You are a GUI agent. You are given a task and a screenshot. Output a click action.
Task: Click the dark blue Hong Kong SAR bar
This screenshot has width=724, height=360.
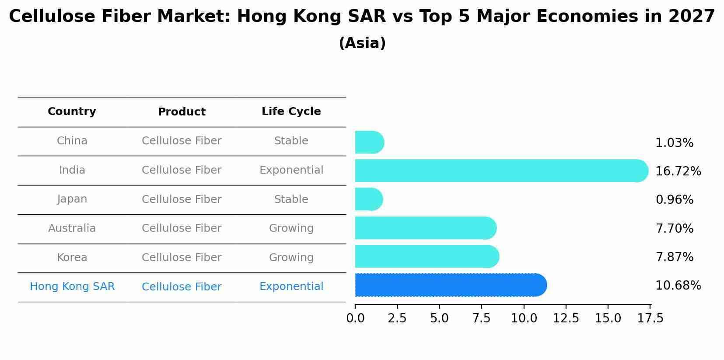tap(451, 285)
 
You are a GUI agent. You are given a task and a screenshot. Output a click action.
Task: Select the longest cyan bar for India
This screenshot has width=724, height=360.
tap(501, 171)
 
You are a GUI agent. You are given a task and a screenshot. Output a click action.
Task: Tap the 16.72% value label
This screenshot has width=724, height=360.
tap(678, 171)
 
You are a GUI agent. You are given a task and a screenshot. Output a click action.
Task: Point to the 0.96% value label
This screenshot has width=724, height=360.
tap(674, 200)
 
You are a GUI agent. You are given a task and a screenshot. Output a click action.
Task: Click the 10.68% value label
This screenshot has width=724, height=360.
tap(678, 286)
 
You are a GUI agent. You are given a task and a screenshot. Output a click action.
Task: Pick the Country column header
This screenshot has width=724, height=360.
tap(72, 112)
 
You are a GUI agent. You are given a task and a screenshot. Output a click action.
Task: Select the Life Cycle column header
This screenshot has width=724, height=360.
tap(291, 112)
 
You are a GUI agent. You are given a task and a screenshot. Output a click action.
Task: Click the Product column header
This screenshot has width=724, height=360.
tap(182, 112)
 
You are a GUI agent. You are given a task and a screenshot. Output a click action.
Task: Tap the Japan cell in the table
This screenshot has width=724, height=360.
tap(72, 199)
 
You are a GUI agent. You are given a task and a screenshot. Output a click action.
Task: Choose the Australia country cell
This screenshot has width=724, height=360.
tap(72, 228)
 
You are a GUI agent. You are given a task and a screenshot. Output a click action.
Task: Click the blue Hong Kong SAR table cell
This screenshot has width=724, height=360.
tap(72, 287)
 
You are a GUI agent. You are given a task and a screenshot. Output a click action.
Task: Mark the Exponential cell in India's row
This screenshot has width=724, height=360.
tap(291, 170)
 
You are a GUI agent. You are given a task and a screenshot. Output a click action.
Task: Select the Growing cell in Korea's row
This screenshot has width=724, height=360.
tap(291, 258)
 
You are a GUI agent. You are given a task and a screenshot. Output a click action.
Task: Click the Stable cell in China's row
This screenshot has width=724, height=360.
tap(291, 141)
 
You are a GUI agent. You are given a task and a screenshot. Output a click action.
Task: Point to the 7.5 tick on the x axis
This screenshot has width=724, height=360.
tap(482, 318)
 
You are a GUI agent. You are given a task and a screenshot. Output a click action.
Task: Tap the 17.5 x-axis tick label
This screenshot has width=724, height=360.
tap(651, 318)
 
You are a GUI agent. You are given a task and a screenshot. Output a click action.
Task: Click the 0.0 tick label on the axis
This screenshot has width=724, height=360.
tap(355, 318)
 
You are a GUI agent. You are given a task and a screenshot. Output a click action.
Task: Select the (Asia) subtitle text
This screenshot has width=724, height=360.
tap(362, 43)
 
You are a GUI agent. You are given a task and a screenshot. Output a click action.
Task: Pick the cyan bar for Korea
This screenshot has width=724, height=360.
tap(427, 257)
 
